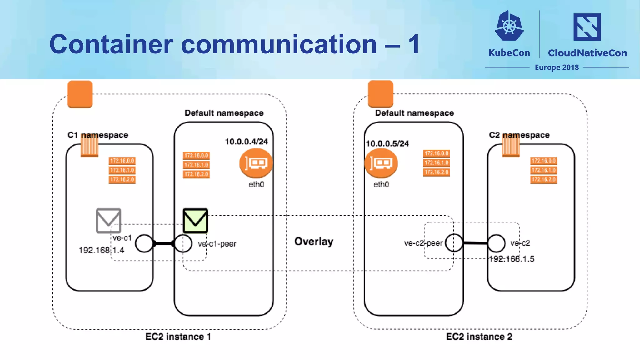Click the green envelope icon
[195, 221]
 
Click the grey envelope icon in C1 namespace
[108, 221]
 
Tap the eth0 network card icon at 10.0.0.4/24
[256, 163]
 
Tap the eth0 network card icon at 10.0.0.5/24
[381, 163]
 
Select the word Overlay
[314, 242]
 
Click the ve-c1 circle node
[144, 243]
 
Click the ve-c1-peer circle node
[183, 243]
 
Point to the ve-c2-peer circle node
[454, 243]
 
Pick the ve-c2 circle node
[496, 243]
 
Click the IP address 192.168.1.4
[101, 250]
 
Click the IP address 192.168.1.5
[512, 259]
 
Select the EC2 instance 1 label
[178, 337]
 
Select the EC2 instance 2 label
[479, 337]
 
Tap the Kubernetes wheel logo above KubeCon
[509, 26]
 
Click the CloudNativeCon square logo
[587, 27]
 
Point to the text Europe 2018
[557, 67]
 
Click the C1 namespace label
[98, 135]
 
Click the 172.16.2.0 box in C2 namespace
[543, 179]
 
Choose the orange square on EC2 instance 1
[80, 94]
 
